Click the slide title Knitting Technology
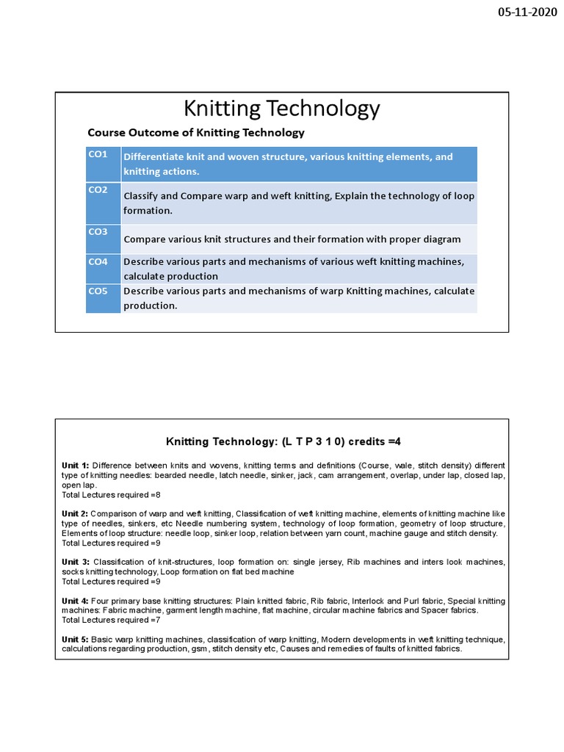281,109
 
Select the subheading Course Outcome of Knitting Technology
195,133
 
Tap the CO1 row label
98,154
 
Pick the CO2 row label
98,189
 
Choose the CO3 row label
98,231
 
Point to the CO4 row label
98,261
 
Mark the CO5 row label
98,291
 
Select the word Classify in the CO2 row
140,196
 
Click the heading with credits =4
283,441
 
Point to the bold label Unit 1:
75,466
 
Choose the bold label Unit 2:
75,513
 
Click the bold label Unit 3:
75,562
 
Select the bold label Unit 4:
75,601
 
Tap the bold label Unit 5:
75,640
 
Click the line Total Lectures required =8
111,495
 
